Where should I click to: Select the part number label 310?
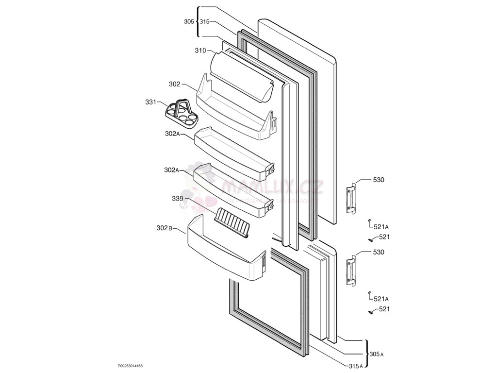200,51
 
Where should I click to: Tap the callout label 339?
178,199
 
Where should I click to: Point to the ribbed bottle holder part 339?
232,222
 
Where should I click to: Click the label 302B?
164,228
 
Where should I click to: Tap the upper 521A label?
381,227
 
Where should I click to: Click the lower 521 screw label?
384,309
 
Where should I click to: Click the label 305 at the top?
189,21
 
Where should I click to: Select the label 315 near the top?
204,21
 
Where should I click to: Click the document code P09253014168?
130,366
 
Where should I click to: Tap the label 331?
150,102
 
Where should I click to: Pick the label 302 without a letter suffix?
174,84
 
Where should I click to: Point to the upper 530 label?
379,180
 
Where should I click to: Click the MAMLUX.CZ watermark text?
272,188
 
